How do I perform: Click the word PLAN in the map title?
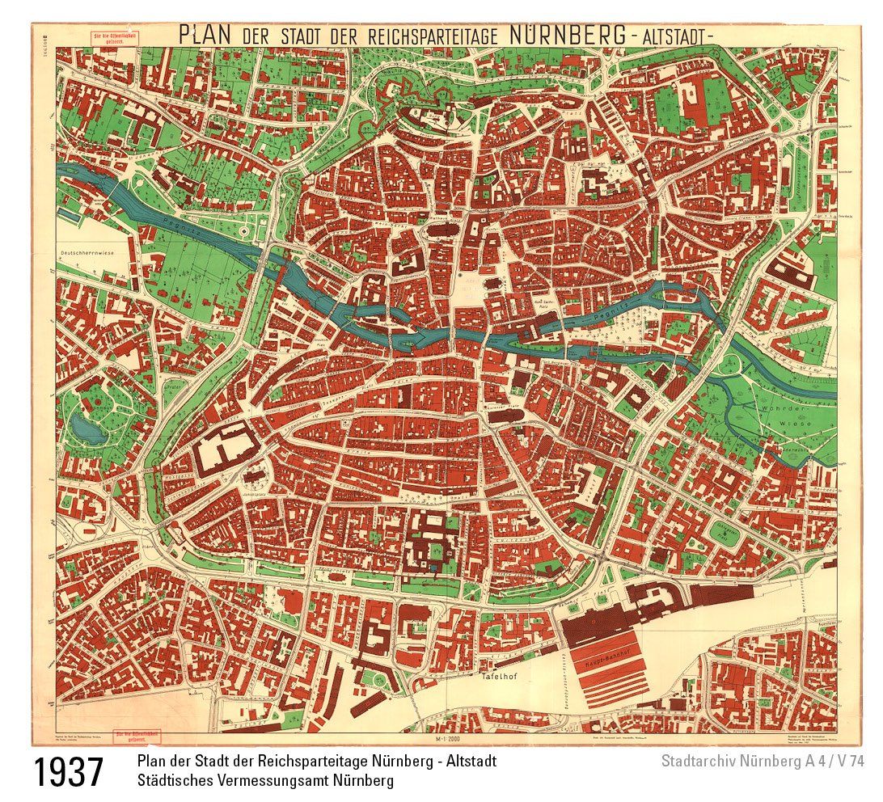pyautogui.click(x=205, y=35)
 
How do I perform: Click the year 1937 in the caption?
pyautogui.click(x=69, y=772)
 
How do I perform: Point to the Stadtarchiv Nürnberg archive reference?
pyautogui.click(x=763, y=762)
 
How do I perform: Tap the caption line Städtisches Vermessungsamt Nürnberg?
pyautogui.click(x=265, y=781)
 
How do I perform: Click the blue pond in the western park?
pyautogui.click(x=87, y=428)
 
